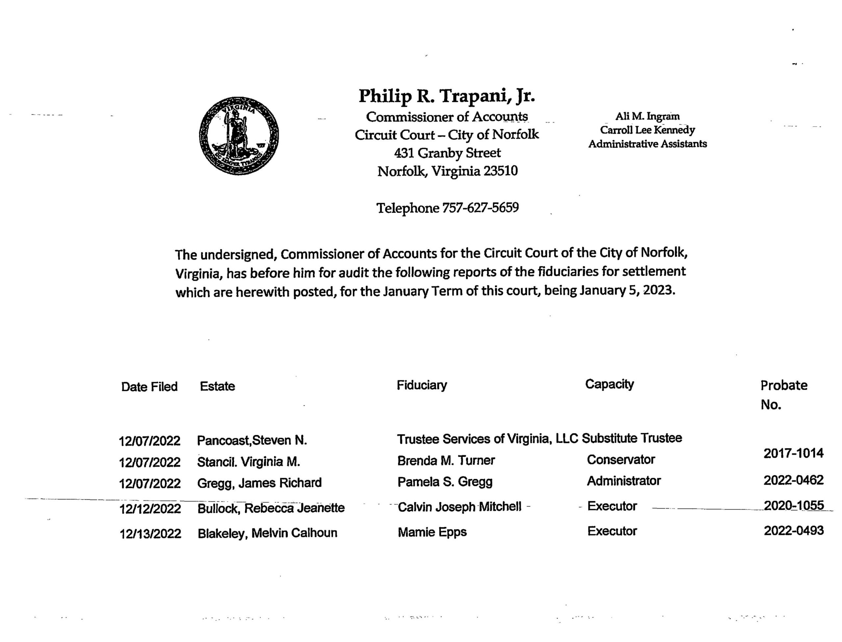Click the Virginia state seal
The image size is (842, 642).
click(239, 136)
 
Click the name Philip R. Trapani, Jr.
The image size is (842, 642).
click(446, 96)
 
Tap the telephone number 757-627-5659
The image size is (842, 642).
click(480, 208)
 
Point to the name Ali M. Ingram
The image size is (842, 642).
click(647, 116)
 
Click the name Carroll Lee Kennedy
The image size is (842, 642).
click(647, 130)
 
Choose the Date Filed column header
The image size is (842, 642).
click(149, 387)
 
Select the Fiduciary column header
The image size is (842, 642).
click(422, 385)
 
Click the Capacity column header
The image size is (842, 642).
click(609, 384)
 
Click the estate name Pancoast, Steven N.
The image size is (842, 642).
click(252, 441)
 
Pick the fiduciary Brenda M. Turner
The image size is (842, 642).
click(446, 461)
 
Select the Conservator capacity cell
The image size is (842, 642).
click(621, 459)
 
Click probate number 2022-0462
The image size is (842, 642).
click(793, 480)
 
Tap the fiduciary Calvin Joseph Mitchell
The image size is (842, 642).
click(459, 507)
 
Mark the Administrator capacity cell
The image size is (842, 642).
click(624, 481)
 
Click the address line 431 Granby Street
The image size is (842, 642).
click(447, 153)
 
